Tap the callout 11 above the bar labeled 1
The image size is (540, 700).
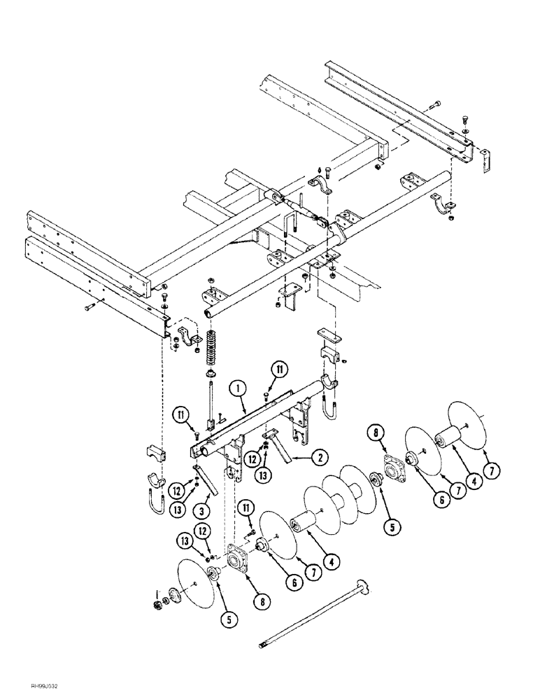click(x=278, y=370)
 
